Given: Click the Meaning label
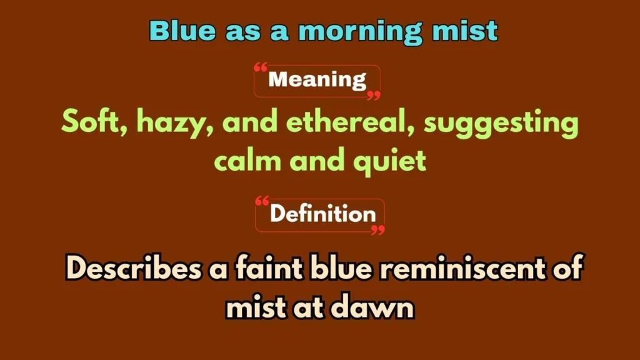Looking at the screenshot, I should coord(317,80).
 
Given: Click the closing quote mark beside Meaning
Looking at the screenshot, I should coord(373,94).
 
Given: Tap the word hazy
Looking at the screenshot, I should coord(169,122).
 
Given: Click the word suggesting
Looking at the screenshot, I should coord(502,123).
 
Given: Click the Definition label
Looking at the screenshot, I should coord(322,214).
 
